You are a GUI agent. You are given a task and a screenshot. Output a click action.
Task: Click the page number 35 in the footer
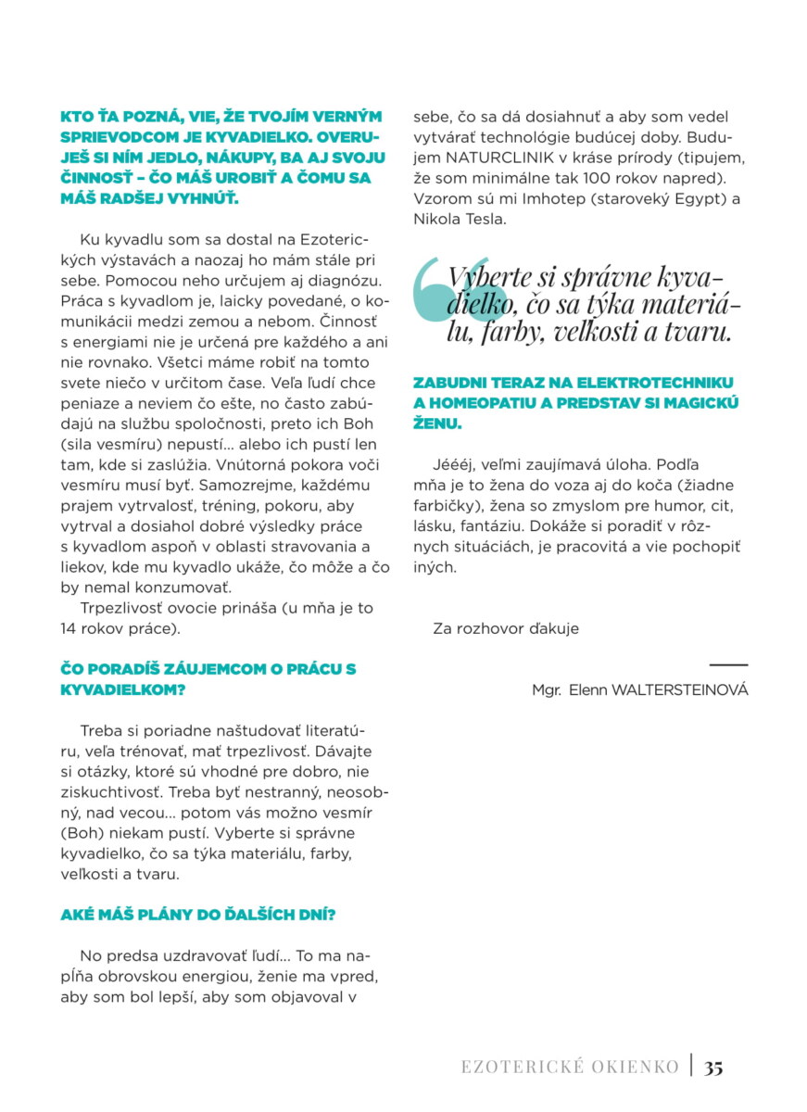coord(713,1067)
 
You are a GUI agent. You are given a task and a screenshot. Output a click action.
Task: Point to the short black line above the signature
coord(728,665)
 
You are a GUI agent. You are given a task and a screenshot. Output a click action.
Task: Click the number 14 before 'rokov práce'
coord(69,628)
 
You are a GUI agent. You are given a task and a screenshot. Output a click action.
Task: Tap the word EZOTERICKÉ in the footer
coord(519,1067)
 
